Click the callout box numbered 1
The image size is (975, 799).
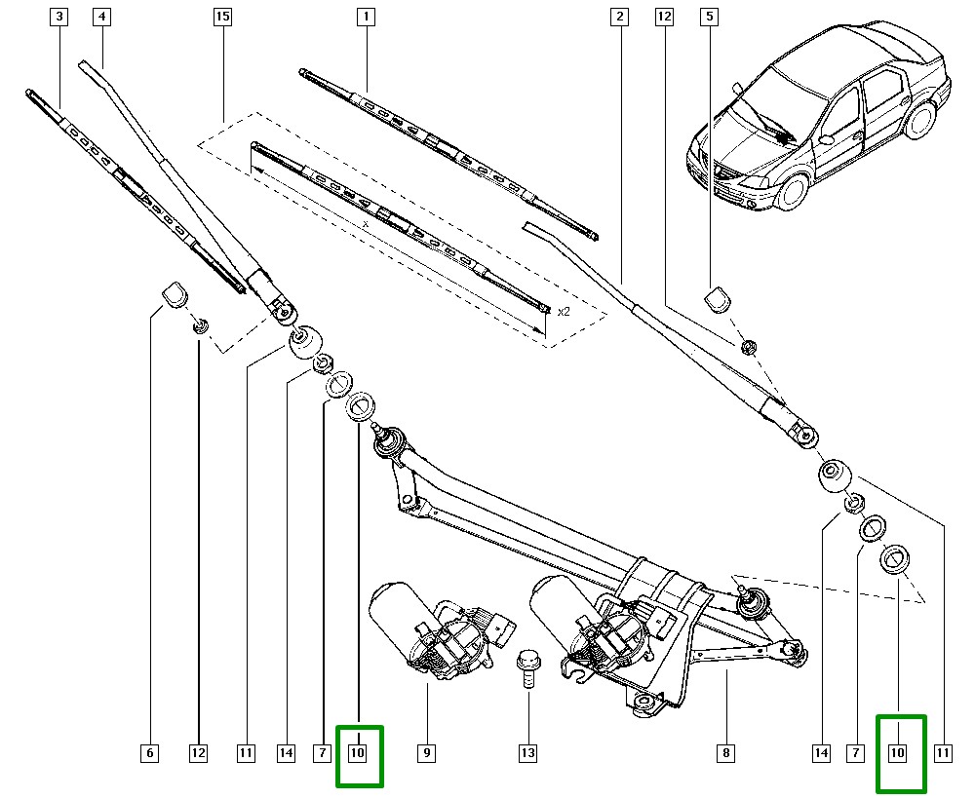(x=367, y=17)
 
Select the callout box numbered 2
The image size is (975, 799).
(x=619, y=17)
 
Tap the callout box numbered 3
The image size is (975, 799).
(x=60, y=17)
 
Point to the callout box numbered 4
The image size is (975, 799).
(x=101, y=17)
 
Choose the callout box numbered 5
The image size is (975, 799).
(x=709, y=17)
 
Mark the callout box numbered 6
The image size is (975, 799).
(x=148, y=752)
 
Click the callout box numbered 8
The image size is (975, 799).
(x=725, y=752)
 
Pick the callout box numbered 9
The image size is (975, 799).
(x=426, y=752)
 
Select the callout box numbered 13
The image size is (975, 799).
(x=527, y=752)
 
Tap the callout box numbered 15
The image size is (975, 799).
(x=223, y=17)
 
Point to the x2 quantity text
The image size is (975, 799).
(x=563, y=312)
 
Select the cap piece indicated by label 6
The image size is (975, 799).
(x=174, y=292)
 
